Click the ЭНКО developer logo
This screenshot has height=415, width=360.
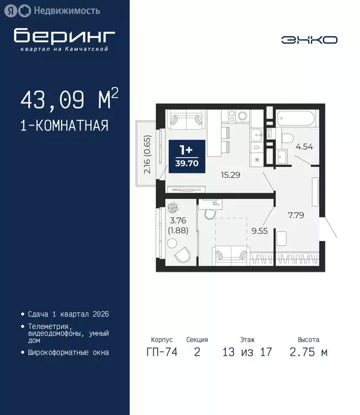click(309, 39)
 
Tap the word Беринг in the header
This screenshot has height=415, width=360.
click(64, 36)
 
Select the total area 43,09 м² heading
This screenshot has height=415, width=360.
click(69, 99)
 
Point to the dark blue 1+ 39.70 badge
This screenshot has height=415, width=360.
click(186, 156)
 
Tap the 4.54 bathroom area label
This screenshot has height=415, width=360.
click(301, 145)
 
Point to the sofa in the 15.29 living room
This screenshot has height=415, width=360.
click(187, 119)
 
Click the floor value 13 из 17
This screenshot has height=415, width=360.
click(247, 353)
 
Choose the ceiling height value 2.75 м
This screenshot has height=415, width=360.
click(308, 353)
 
